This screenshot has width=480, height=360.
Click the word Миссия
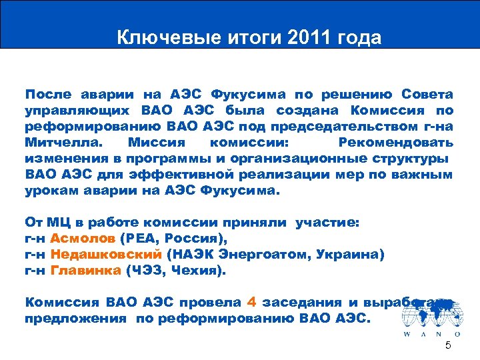[x=159, y=143]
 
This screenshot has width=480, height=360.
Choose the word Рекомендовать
[x=396, y=143]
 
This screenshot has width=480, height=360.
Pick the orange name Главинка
[x=87, y=271]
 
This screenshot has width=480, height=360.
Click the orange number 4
[x=251, y=301]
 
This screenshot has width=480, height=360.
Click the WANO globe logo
[x=431, y=313]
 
